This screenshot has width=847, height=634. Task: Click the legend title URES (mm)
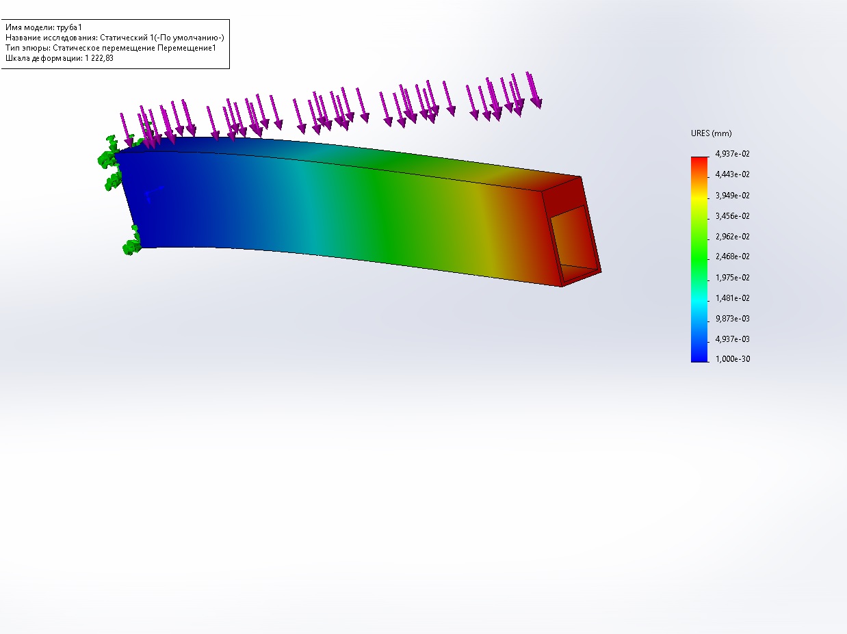pyautogui.click(x=711, y=133)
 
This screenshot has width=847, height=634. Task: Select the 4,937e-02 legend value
pyautogui.click(x=732, y=154)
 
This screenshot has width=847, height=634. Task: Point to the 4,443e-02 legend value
pyautogui.click(x=732, y=174)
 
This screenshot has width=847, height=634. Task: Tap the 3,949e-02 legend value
pyautogui.click(x=732, y=196)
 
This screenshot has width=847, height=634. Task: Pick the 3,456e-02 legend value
pyautogui.click(x=732, y=216)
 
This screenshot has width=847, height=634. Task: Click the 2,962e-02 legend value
pyautogui.click(x=732, y=237)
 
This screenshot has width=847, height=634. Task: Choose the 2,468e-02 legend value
pyautogui.click(x=732, y=256)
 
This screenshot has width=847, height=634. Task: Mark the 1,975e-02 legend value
pyautogui.click(x=732, y=278)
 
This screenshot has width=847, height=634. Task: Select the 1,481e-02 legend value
pyautogui.click(x=732, y=298)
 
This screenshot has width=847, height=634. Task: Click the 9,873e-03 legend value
pyautogui.click(x=732, y=319)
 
